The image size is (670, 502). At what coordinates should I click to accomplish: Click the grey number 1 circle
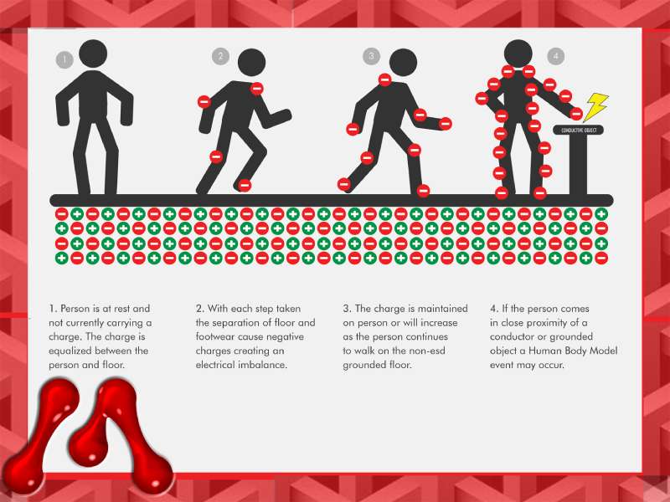click(64, 59)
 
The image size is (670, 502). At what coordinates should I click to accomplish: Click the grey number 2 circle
click(220, 56)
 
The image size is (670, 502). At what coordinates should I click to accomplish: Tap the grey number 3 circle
click(371, 56)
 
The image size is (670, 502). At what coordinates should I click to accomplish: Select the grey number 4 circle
click(555, 56)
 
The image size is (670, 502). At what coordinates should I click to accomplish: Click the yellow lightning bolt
click(595, 107)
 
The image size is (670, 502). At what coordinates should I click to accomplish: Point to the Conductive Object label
click(579, 130)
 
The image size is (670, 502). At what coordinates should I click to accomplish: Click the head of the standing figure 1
click(93, 54)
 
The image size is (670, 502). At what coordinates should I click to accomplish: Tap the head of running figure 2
click(252, 62)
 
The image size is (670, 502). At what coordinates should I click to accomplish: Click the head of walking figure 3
click(403, 62)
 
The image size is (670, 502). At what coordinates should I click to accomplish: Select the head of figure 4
click(518, 54)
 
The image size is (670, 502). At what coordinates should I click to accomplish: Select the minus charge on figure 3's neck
click(384, 79)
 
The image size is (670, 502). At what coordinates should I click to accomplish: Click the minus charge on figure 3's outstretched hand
click(446, 124)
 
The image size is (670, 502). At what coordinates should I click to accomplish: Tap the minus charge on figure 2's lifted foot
click(245, 185)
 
